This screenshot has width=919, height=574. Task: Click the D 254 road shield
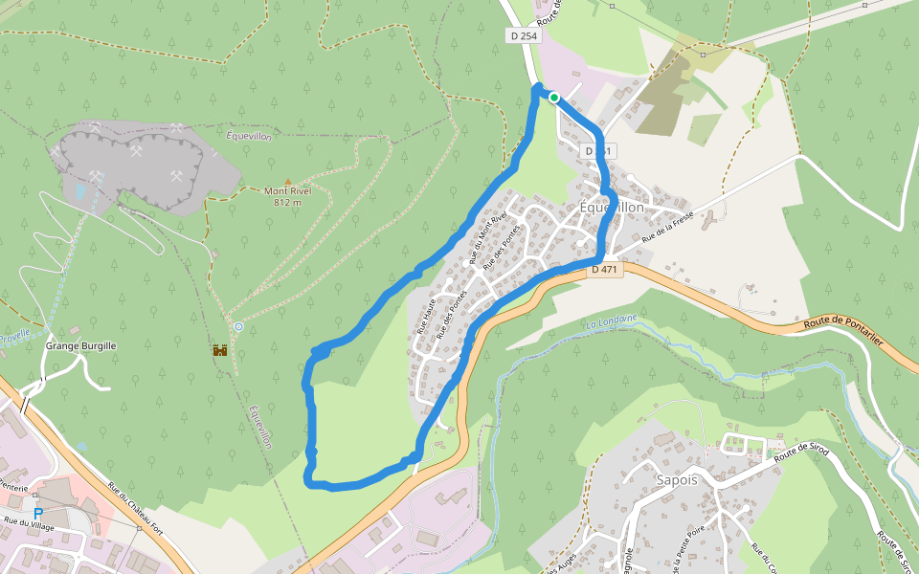tap(524, 35)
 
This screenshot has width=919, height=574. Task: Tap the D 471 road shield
tap(605, 270)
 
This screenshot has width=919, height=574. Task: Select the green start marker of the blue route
tap(553, 97)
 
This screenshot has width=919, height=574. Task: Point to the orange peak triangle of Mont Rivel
tap(288, 181)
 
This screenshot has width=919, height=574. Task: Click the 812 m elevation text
tap(288, 202)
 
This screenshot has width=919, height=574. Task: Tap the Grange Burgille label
tap(79, 345)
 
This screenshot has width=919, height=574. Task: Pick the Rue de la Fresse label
tap(667, 227)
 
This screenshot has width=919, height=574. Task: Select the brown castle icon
tap(219, 351)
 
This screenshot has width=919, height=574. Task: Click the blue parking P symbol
tap(38, 514)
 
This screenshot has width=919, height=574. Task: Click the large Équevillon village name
tap(612, 208)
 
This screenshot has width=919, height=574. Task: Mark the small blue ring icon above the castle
tap(238, 327)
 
